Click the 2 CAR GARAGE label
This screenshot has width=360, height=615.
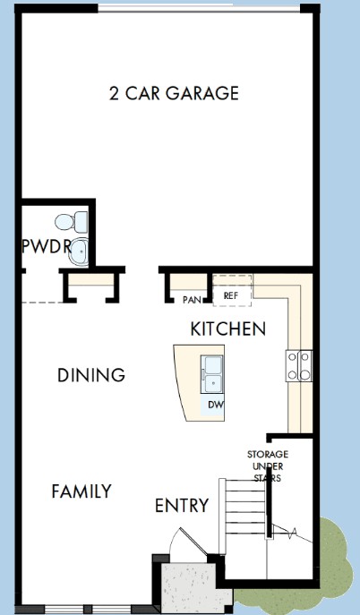(174, 93)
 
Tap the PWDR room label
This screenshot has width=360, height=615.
(47, 247)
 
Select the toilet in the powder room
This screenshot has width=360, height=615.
(72, 222)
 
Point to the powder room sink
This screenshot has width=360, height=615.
(79, 252)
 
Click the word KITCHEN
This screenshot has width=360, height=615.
(227, 329)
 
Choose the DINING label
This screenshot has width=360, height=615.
(91, 375)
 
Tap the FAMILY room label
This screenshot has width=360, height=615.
(81, 491)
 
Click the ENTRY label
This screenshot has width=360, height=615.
(182, 505)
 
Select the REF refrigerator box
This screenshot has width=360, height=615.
(232, 291)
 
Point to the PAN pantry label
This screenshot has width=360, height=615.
(193, 300)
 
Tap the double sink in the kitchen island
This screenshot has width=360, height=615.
(211, 374)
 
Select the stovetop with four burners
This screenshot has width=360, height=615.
(299, 366)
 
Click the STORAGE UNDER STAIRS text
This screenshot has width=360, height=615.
(268, 466)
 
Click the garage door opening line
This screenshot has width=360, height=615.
(199, 7)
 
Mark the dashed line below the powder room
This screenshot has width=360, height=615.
(42, 303)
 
